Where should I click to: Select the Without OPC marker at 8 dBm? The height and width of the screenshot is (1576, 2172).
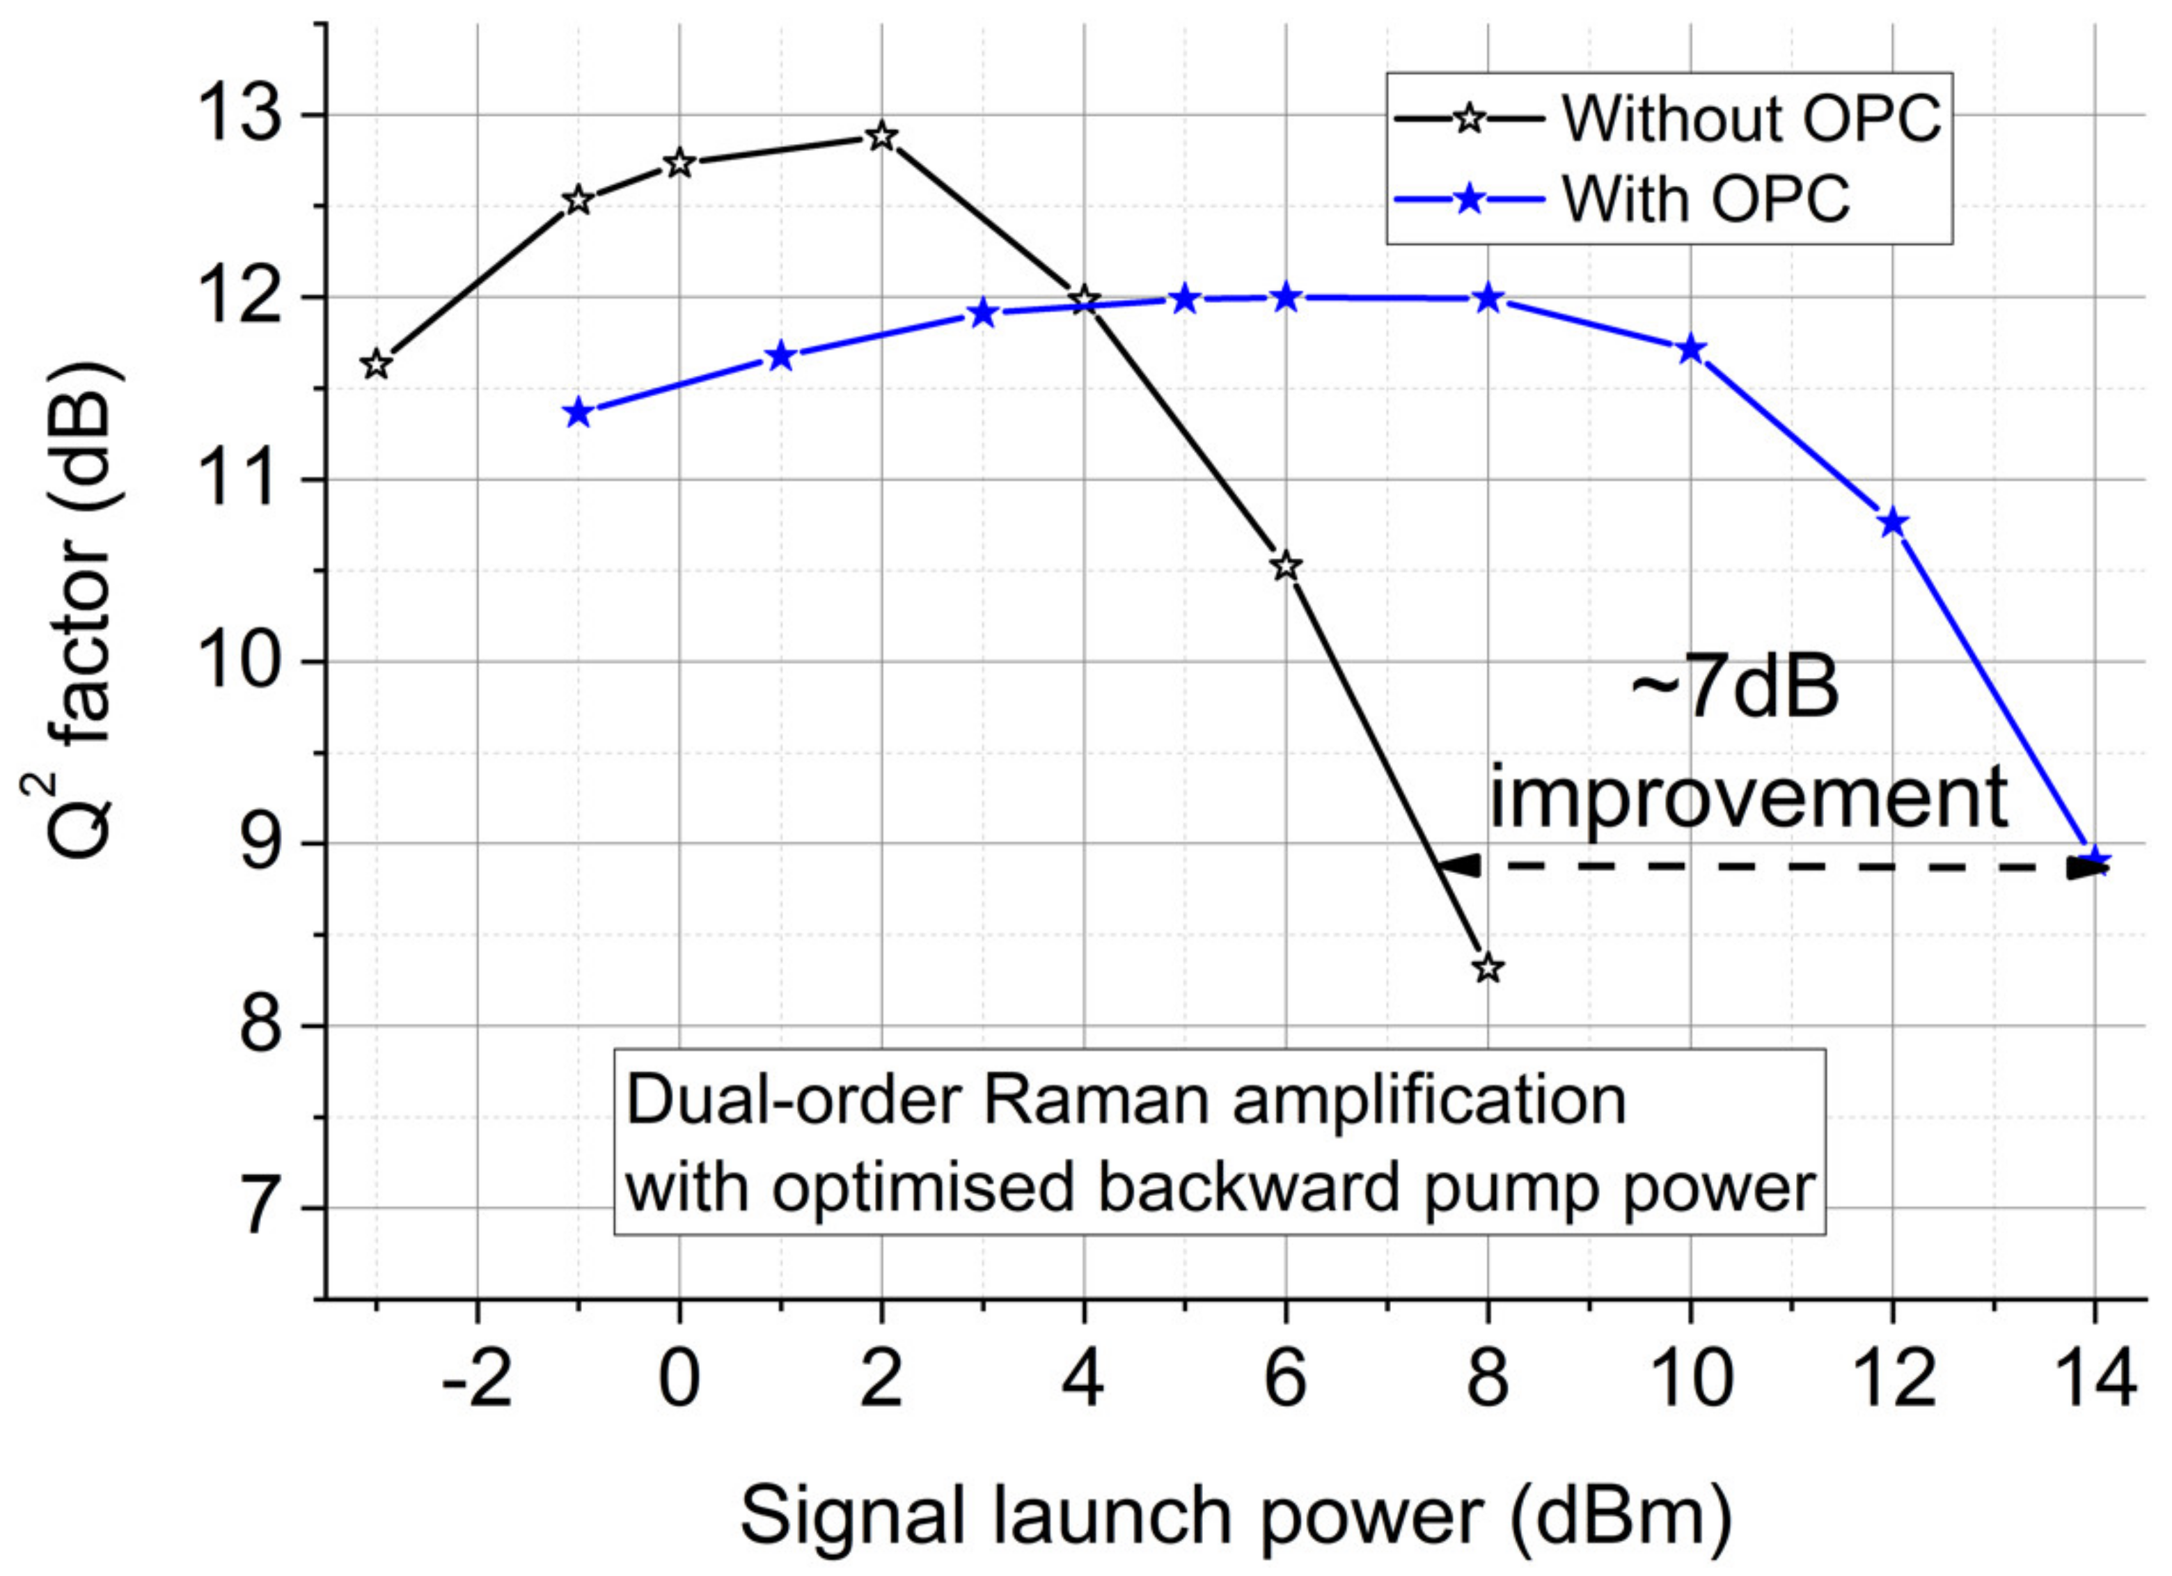click(1487, 968)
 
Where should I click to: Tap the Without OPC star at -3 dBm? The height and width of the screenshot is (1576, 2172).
click(377, 365)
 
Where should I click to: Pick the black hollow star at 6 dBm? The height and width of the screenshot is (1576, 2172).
click(1285, 566)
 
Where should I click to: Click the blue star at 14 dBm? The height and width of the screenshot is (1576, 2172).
click(2093, 860)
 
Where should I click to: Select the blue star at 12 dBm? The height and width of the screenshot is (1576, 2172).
click(1892, 523)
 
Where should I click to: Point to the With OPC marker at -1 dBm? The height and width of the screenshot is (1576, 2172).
click(578, 413)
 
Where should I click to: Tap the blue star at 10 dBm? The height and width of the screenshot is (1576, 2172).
click(1690, 349)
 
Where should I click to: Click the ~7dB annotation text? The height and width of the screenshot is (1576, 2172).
click(1733, 689)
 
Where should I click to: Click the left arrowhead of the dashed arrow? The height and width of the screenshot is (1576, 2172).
click(1461, 865)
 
